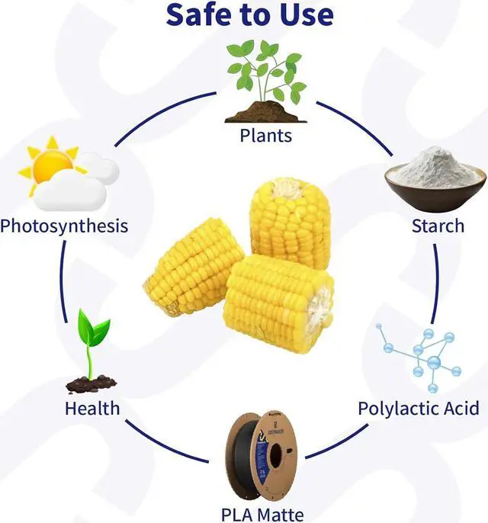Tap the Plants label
pos(265,136)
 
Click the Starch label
pos(437,226)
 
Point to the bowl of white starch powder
pos(435,180)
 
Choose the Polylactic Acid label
pos(419,408)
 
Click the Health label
pos(92,408)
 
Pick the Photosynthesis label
pos(64,226)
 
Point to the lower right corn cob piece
pos(278,301)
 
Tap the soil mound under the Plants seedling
pos(266,115)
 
